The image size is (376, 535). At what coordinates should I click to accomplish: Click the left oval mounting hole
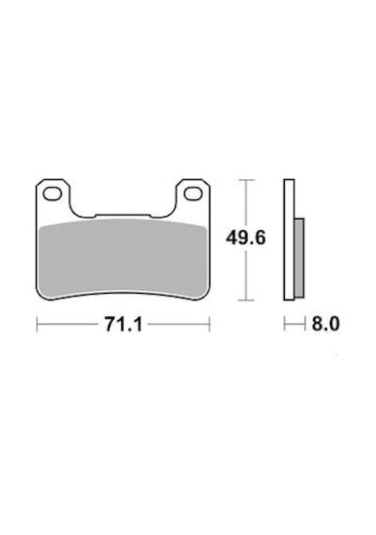[x=53, y=193]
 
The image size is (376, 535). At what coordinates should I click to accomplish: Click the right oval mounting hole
[x=193, y=193]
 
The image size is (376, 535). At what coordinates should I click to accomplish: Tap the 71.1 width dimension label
[x=123, y=325]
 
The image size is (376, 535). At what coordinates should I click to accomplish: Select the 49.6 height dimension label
[x=245, y=237]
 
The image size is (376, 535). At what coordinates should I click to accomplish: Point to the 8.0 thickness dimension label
[x=325, y=324]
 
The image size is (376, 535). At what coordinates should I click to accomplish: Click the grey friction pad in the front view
[x=123, y=258]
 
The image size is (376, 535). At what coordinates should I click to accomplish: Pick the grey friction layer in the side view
[x=299, y=258]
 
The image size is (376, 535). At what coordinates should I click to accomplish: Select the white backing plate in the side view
[x=289, y=240]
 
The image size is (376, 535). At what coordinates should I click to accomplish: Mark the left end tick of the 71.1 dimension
[x=37, y=324]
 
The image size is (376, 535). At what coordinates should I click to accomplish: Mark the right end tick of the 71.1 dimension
[x=210, y=324]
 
